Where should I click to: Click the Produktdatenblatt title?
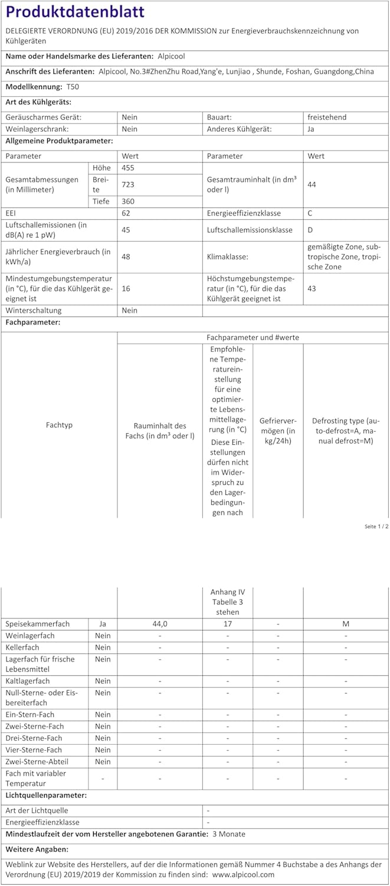pos(75,12)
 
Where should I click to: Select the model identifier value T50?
pos(73,87)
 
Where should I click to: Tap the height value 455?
pos(127,168)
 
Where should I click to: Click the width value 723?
pos(127,184)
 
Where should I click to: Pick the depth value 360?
pos(127,201)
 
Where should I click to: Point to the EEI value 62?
pos(126,213)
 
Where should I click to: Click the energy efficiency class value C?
pos(310,213)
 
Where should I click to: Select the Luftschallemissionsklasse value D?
pos(311,230)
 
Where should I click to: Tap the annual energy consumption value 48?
pos(126,256)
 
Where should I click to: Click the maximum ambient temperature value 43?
pos(312,288)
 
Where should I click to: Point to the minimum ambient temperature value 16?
pos(126,288)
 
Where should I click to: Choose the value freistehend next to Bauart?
pos(327,117)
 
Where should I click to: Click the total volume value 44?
pos(312,184)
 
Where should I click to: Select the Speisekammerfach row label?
pos(38,624)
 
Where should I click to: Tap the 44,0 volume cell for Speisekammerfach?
pos(160,624)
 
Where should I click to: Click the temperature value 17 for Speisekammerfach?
pos(228,624)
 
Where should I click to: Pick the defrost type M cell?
pos(346,624)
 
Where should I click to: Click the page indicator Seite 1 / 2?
pos(376,526)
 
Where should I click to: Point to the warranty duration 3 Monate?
pos(228,834)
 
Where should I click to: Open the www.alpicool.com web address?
pos(244,874)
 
